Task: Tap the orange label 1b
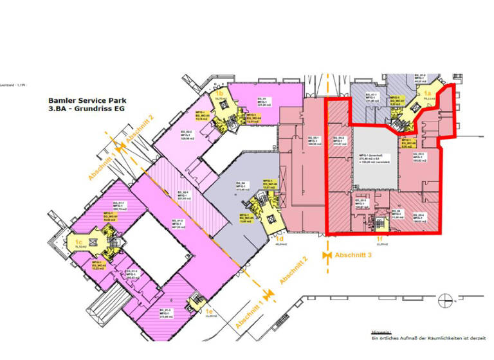point(219,94)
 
